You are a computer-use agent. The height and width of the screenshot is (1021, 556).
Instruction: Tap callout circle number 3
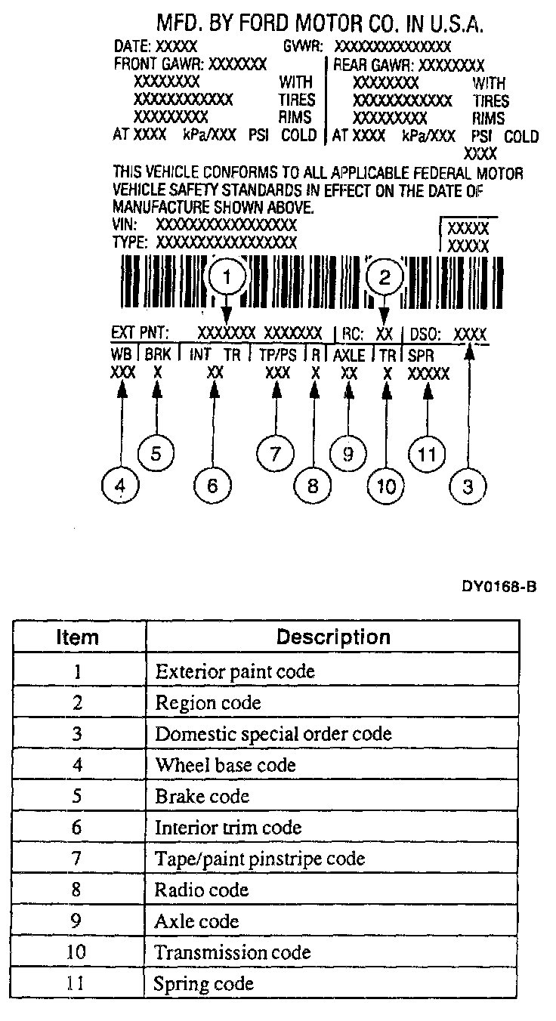[x=468, y=486]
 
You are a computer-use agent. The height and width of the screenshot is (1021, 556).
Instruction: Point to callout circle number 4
[x=120, y=486]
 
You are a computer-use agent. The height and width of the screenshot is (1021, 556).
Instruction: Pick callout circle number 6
[x=212, y=486]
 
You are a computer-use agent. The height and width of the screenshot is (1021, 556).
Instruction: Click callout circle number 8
[x=313, y=486]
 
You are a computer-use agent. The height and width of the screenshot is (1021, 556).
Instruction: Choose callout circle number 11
[x=428, y=454]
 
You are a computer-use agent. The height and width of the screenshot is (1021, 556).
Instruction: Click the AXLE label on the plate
[x=349, y=354]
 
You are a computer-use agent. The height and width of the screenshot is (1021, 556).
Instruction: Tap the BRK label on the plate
[x=157, y=354]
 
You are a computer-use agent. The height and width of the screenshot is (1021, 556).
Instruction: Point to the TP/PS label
[x=276, y=354]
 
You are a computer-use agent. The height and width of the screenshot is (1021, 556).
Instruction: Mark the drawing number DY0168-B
[x=499, y=587]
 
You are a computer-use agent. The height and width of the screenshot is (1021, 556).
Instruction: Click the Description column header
[x=332, y=637]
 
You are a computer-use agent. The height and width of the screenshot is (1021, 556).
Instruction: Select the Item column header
[x=78, y=637]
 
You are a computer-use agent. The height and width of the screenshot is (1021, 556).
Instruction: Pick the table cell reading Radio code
[x=201, y=890]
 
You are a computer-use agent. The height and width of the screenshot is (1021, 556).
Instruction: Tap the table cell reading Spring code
[x=203, y=983]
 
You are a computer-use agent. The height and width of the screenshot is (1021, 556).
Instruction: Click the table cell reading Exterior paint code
[x=234, y=671]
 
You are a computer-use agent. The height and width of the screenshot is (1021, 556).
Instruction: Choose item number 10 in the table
[x=78, y=952]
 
